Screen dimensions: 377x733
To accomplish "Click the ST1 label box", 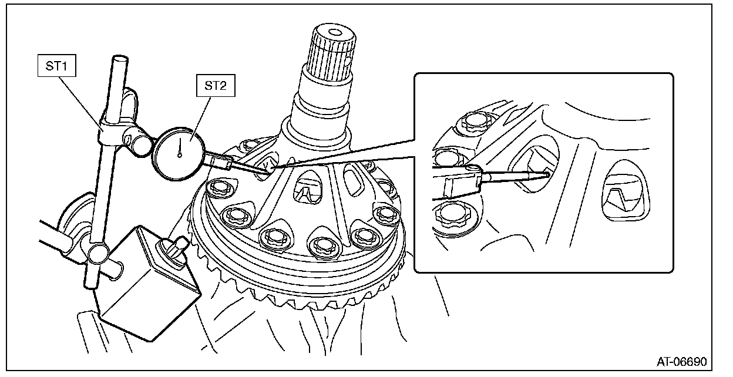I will click(x=57, y=67).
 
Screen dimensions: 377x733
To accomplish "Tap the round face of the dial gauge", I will click(x=179, y=154).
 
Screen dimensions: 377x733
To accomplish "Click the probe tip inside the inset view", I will click(x=547, y=173).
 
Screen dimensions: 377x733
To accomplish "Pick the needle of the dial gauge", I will click(x=179, y=150).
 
